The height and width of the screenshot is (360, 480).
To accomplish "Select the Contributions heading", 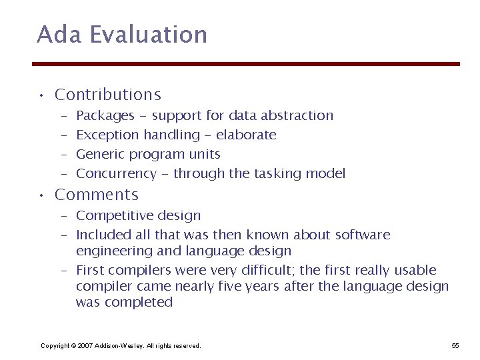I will coord(108,95).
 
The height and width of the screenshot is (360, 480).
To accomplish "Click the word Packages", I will coord(105,116).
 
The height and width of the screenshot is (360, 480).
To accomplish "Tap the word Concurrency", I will coord(116,174).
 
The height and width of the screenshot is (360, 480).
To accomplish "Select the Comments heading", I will coord(97,195).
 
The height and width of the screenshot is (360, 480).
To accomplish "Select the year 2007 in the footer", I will coord(84,345).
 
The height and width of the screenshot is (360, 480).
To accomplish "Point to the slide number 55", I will coord(455,345).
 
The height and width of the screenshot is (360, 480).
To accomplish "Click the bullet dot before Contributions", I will coord(41,95).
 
